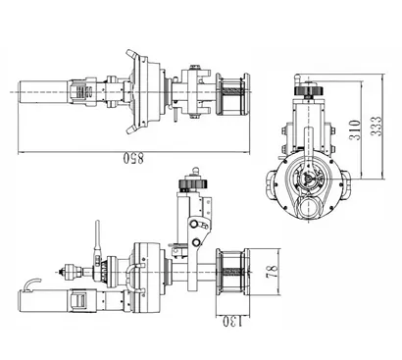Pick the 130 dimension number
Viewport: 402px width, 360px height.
pos(230,320)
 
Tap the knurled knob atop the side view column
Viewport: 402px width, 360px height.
pos(189,183)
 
